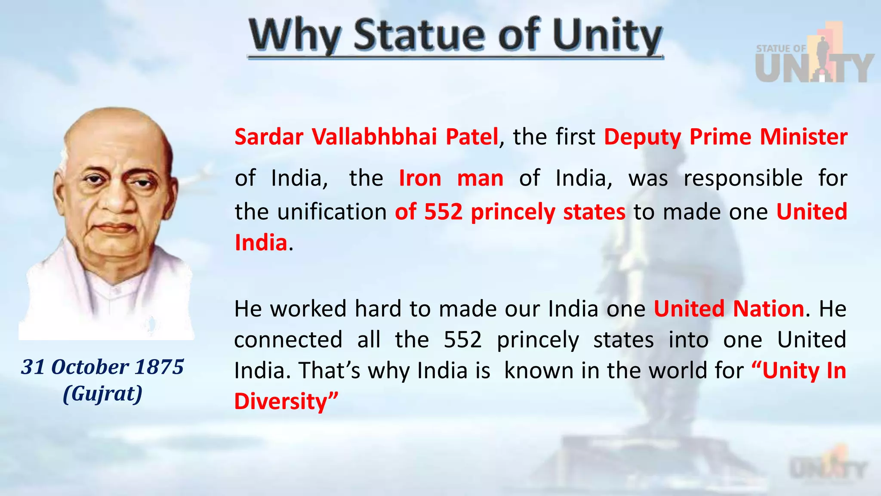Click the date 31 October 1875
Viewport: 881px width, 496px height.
(102, 367)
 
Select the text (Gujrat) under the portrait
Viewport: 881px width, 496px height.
(102, 394)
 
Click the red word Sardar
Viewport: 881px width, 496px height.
(269, 137)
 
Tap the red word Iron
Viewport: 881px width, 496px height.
(420, 178)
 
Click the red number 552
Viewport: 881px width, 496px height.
(443, 212)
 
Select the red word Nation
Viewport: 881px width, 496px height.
(768, 309)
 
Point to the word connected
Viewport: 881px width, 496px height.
(288, 340)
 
